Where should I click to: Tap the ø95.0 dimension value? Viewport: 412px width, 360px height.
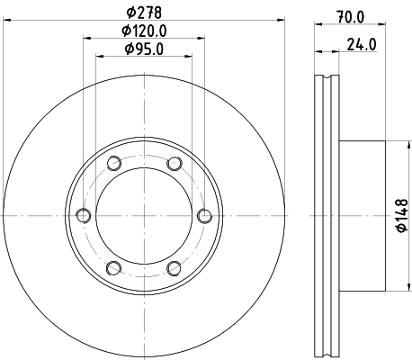[x=144, y=49]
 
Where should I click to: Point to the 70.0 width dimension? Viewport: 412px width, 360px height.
[x=349, y=16]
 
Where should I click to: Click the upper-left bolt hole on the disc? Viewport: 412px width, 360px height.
[x=113, y=163]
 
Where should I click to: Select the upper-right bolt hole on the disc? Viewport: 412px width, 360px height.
[x=174, y=163]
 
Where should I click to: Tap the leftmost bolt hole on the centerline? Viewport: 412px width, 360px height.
[x=84, y=215]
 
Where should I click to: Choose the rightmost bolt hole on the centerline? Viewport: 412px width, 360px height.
[x=204, y=215]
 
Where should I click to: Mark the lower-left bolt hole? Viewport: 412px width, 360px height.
[x=113, y=267]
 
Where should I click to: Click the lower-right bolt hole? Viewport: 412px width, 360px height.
[x=174, y=267]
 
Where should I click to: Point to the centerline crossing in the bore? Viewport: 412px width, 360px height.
[x=144, y=215]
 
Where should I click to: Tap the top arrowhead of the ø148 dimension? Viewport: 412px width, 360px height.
[x=390, y=145]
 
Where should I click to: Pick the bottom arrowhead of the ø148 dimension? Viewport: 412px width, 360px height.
[x=390, y=287]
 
